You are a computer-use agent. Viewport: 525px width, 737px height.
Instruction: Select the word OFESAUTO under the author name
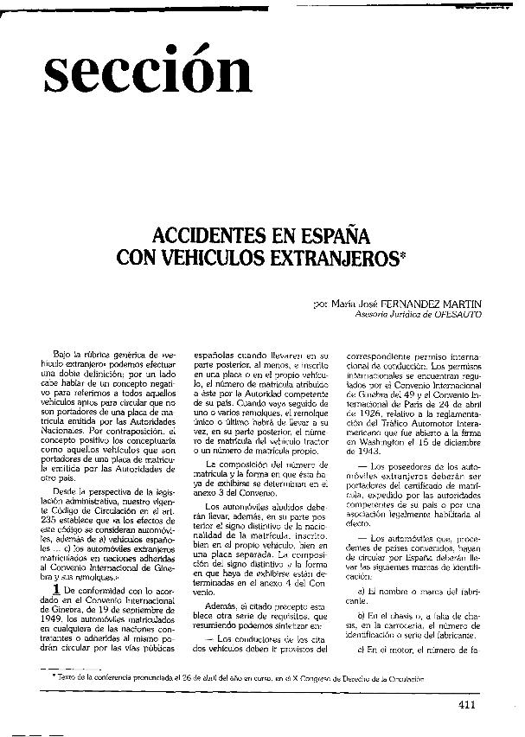[x=452, y=315]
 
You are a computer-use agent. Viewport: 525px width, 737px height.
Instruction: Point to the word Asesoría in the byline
[x=373, y=315]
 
